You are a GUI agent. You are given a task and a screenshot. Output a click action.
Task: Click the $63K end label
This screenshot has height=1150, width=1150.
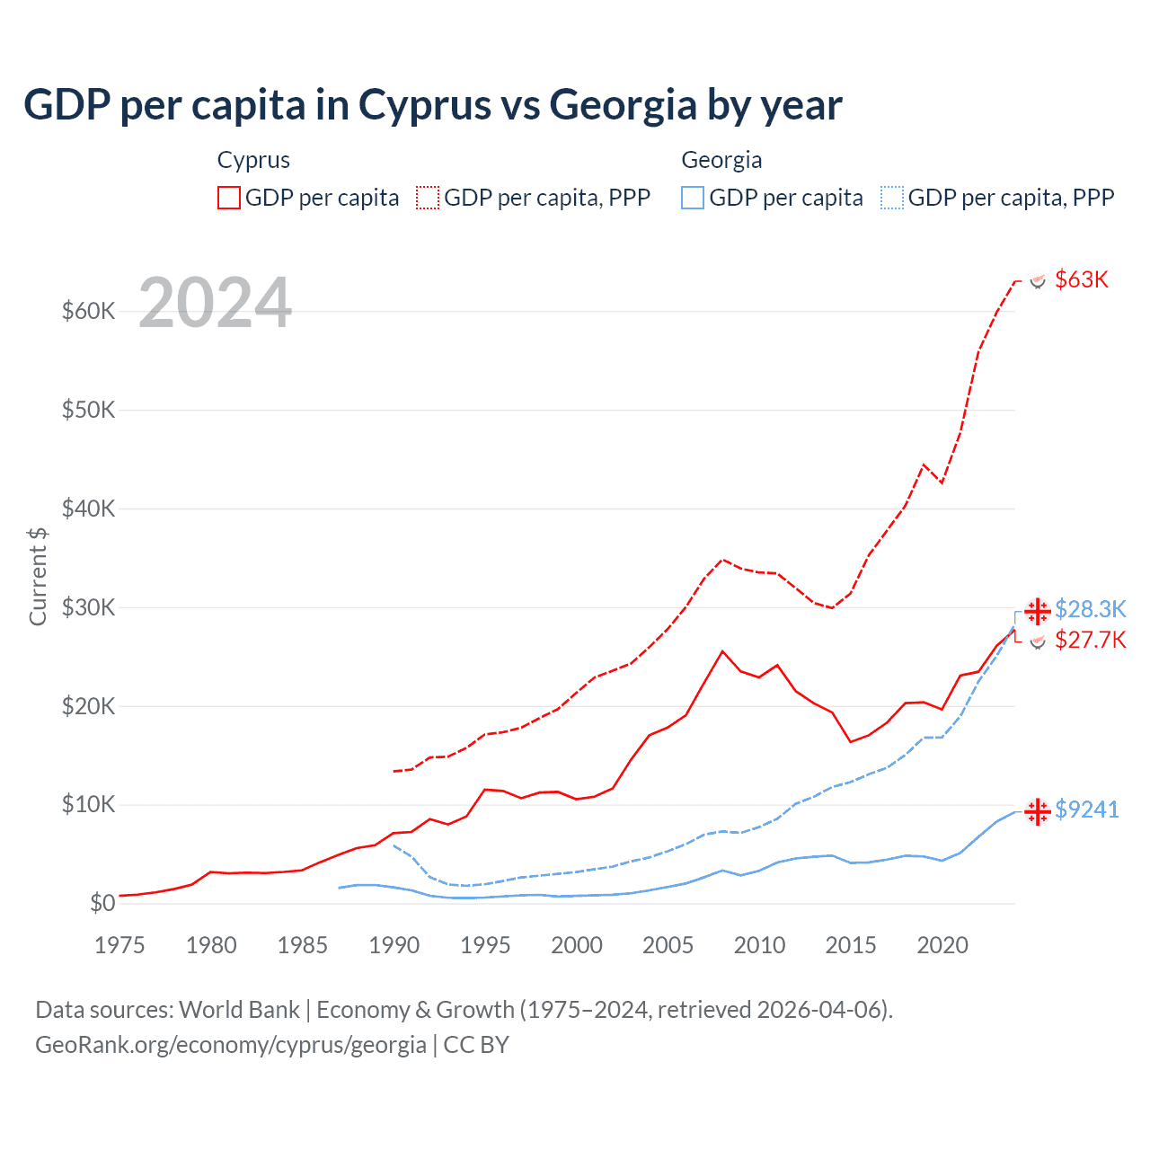[1082, 280]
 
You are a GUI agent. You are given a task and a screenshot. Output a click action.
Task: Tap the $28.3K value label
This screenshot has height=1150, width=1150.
[1090, 610]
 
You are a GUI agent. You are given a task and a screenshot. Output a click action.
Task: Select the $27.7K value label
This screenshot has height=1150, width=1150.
[1090, 640]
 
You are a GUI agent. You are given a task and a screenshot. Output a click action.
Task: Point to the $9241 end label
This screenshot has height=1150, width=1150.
[1086, 810]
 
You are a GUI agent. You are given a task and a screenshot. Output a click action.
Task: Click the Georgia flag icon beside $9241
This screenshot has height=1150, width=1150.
[1038, 811]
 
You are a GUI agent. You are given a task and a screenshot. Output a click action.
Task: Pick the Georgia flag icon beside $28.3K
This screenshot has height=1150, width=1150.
[1038, 611]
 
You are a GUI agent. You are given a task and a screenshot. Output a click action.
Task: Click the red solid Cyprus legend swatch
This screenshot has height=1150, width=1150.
[229, 198]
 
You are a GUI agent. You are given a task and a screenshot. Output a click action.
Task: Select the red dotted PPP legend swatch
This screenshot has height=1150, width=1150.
[428, 198]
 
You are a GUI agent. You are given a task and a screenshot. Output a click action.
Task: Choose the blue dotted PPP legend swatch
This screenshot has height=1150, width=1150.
[892, 198]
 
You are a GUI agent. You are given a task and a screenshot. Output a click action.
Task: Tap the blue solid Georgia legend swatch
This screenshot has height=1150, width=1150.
[693, 198]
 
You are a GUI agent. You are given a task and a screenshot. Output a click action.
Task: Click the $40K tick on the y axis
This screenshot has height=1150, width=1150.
[88, 509]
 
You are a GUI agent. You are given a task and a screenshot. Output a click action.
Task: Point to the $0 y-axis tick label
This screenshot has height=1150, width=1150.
[102, 904]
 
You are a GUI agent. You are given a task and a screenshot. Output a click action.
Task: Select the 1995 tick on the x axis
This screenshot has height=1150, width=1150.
[485, 945]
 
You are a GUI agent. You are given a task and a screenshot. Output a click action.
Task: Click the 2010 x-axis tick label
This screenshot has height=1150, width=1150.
[759, 945]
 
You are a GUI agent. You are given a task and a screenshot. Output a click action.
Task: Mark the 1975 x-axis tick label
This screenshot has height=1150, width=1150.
[119, 945]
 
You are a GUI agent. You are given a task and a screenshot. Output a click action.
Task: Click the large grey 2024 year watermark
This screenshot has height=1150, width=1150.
[216, 304]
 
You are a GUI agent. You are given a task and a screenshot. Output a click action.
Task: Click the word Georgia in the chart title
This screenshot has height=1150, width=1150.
[623, 105]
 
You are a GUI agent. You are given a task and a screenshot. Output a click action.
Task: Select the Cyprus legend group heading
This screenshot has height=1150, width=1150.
[253, 160]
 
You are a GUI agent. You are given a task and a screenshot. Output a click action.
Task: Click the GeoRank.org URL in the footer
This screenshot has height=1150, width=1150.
[231, 1045]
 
